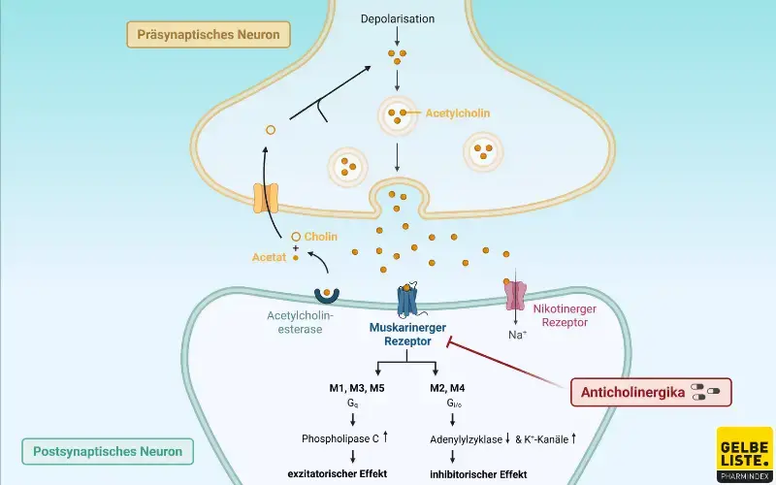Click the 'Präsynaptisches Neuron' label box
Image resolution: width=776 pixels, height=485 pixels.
[x=209, y=36]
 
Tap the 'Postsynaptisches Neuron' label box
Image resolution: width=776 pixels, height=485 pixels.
[x=108, y=451]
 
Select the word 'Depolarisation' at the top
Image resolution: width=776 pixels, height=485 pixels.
[x=397, y=18]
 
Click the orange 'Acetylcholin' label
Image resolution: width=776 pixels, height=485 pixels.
[x=458, y=113]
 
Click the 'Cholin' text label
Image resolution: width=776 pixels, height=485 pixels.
[x=321, y=236]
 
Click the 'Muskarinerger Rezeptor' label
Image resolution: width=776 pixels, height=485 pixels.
[x=406, y=335]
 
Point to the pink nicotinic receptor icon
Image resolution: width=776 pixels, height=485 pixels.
[x=514, y=297]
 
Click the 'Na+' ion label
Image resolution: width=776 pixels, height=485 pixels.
[x=517, y=335]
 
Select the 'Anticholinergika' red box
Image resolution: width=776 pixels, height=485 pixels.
[x=648, y=391]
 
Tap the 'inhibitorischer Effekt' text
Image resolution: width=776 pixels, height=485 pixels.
[x=477, y=474]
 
